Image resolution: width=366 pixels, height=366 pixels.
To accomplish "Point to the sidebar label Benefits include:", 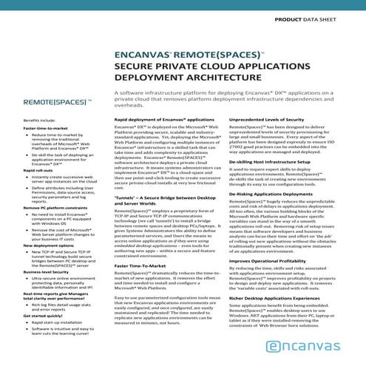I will (x=39, y=120).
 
